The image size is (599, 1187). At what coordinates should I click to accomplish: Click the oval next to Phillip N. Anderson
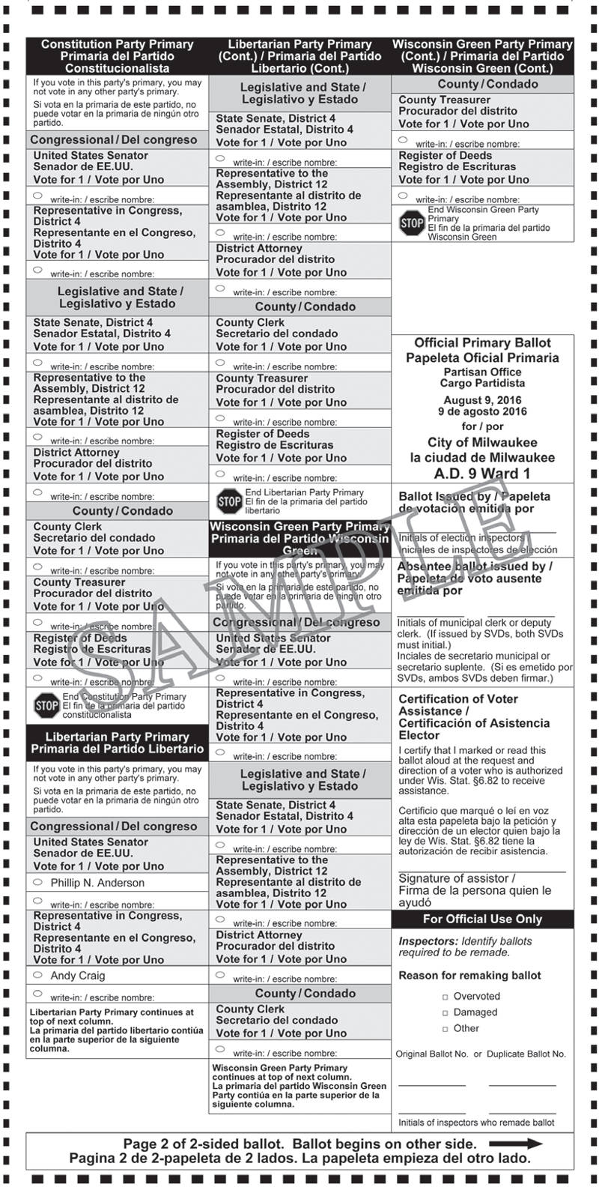pos(37,882)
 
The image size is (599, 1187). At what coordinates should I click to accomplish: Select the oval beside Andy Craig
pos(37,975)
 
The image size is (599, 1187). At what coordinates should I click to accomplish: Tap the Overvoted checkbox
pos(446,997)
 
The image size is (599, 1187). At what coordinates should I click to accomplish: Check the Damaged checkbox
pos(446,1012)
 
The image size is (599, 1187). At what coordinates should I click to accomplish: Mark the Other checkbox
pos(446,1029)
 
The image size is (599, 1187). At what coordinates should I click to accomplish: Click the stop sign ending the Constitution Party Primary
pos(46,705)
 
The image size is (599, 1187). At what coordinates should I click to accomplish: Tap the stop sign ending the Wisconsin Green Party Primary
pos(412,223)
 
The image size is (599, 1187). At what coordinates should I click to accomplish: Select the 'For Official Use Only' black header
pos(482,919)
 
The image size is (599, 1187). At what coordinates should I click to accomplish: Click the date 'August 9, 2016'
pos(482,400)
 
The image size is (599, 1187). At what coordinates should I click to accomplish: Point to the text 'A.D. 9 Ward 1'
pos(482,474)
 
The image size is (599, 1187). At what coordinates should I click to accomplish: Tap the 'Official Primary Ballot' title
pos(482,343)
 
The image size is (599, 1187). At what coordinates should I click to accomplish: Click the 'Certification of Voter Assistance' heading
pos(458,705)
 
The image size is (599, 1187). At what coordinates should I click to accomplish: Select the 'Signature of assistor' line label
pos(457,878)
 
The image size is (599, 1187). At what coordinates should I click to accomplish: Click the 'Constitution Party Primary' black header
pos(117,55)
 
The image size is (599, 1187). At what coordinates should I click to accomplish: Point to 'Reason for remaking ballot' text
pos(469,976)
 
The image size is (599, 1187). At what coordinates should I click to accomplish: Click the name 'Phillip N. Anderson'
pos(97,883)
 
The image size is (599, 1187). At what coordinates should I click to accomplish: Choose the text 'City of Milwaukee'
pos(482,442)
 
